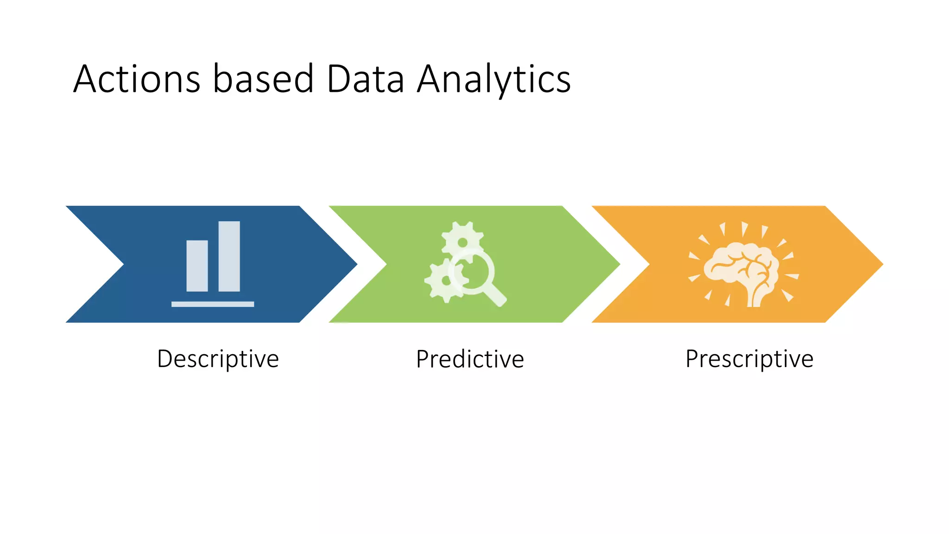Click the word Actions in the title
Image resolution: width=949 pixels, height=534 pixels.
click(137, 79)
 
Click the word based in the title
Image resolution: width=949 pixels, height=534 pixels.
click(263, 79)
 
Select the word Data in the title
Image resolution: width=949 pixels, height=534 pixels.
click(365, 79)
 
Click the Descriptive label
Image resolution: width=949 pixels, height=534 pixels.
click(218, 359)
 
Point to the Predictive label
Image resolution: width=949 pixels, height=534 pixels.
click(470, 359)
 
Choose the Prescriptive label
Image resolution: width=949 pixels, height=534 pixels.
click(749, 359)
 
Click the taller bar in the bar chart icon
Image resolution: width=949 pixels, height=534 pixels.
click(229, 256)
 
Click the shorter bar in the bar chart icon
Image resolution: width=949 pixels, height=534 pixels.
click(197, 266)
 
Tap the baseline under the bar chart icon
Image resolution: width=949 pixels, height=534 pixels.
click(213, 304)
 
